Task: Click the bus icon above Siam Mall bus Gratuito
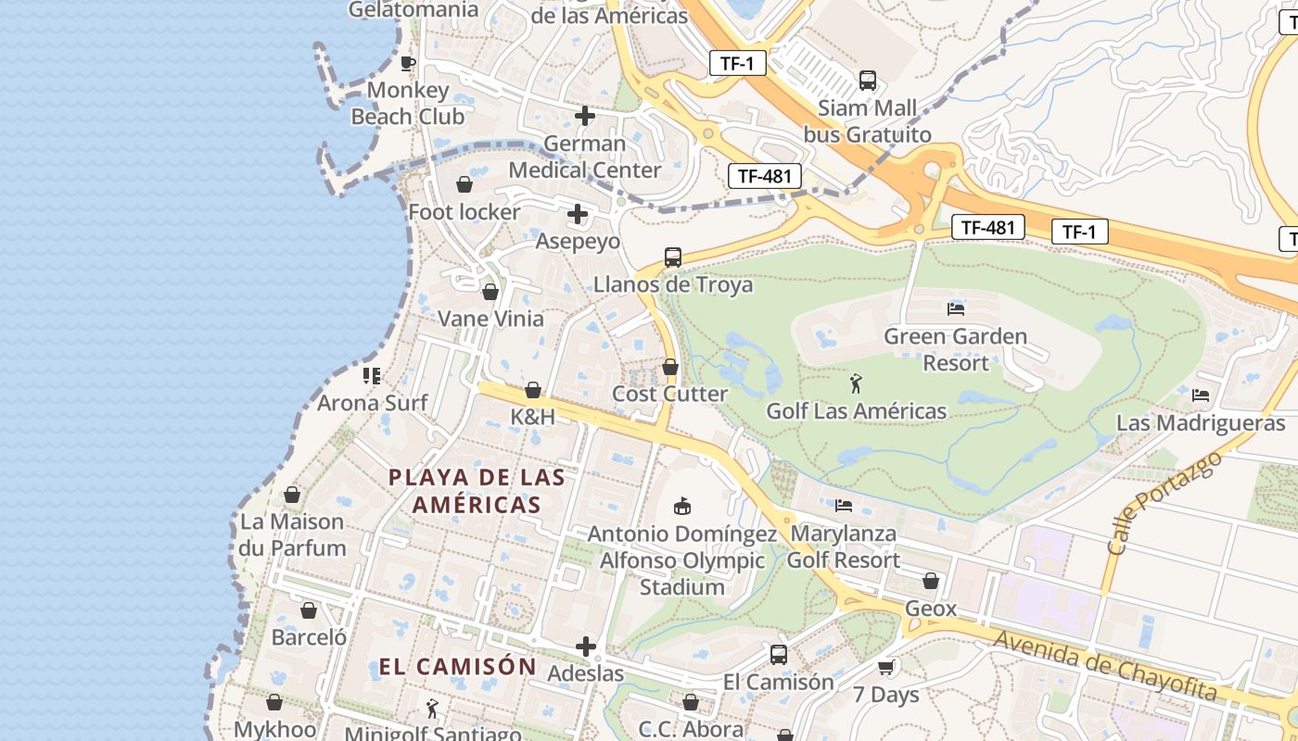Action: coord(868,81)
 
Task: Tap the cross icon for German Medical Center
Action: coord(585,116)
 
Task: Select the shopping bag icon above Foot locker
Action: coord(464,184)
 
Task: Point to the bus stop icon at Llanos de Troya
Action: coord(673,257)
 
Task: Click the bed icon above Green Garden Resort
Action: coord(956,308)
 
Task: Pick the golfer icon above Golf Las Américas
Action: coord(856,383)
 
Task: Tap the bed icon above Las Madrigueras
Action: coord(1201,396)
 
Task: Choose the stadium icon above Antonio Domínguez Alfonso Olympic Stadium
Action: coord(683,506)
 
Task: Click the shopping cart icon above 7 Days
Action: coord(886,667)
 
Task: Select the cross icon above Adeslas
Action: coord(585,646)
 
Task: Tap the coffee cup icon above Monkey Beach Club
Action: coord(407,63)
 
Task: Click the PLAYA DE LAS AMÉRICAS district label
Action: coord(477,491)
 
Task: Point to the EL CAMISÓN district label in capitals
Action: coord(458,667)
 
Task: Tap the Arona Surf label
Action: coord(373,403)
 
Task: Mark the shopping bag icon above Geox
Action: coord(931,582)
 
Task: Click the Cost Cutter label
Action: coord(670,394)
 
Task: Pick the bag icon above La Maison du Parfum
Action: coord(292,496)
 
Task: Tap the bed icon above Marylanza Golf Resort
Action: coord(844,506)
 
